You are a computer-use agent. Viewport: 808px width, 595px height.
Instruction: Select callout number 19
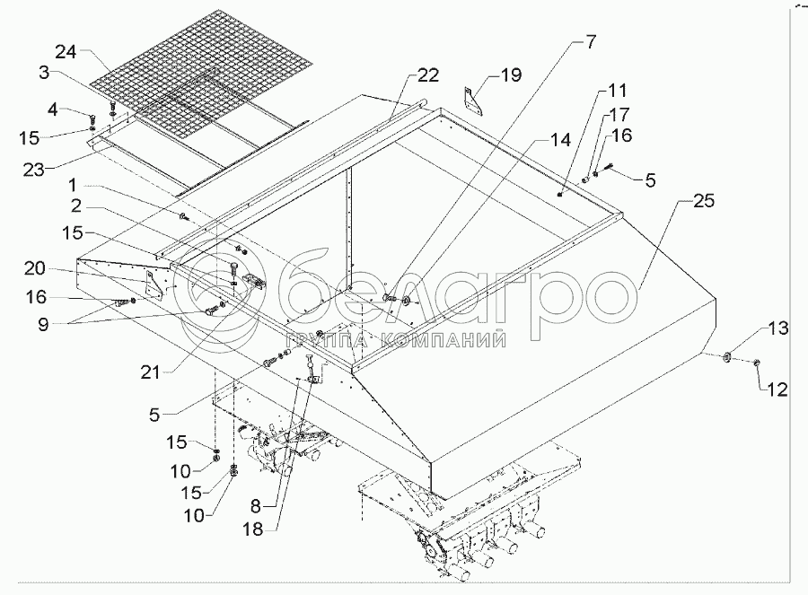click(x=510, y=75)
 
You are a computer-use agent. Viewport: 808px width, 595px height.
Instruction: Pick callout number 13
click(x=777, y=329)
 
